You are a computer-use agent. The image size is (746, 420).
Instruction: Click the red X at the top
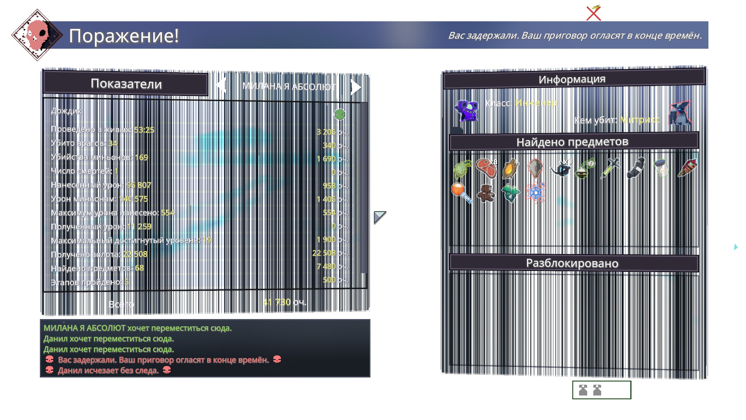[594, 13]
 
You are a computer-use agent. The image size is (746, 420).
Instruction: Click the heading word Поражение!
[124, 36]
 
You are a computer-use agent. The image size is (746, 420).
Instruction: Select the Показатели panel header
[126, 84]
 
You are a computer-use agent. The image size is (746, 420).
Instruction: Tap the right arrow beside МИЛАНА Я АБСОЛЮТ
[356, 87]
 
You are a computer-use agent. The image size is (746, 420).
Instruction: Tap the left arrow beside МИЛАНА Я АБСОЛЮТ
[221, 85]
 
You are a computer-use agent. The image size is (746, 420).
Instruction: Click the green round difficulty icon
[339, 114]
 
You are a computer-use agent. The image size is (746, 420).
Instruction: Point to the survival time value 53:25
[144, 130]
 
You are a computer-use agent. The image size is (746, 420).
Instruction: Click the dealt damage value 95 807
[139, 185]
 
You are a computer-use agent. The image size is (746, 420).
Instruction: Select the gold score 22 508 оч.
[330, 253]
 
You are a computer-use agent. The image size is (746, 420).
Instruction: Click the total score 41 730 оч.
[284, 302]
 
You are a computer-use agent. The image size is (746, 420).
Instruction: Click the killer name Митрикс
[640, 120]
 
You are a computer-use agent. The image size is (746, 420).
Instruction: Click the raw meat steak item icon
[486, 168]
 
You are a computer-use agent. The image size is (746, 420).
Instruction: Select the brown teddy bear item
[486, 193]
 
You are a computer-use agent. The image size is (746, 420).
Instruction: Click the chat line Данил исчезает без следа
[108, 371]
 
